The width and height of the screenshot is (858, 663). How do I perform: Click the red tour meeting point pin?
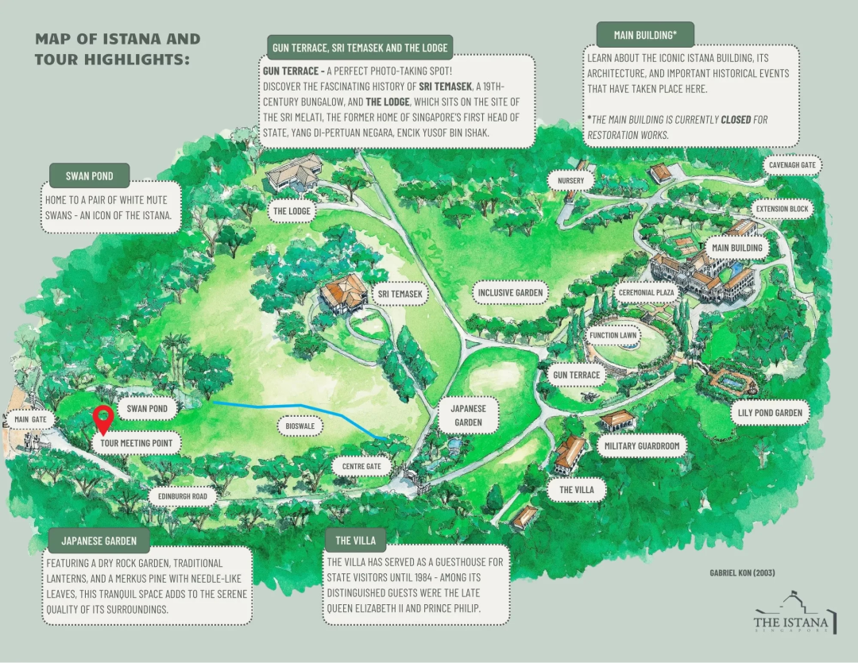click(x=102, y=419)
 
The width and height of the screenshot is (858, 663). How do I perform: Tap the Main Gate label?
click(x=31, y=419)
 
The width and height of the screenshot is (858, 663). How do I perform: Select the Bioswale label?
click(x=300, y=426)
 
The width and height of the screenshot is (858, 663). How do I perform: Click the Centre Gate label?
click(x=361, y=467)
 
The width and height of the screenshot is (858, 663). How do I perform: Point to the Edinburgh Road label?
click(x=183, y=497)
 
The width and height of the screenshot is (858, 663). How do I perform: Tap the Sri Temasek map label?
click(x=400, y=294)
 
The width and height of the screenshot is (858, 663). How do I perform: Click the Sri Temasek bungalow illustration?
click(x=344, y=293)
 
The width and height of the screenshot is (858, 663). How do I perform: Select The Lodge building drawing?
click(x=295, y=172)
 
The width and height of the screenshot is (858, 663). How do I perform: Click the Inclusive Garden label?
click(x=510, y=293)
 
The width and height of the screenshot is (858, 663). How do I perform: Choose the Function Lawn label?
click(x=613, y=335)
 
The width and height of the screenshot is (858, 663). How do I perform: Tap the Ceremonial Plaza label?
click(x=646, y=293)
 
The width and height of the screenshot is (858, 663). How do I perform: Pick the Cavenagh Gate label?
click(x=792, y=165)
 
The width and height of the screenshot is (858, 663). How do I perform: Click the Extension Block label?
click(x=782, y=209)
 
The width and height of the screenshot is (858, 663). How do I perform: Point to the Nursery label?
click(x=570, y=180)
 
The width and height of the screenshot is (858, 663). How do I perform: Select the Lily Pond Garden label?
click(x=770, y=412)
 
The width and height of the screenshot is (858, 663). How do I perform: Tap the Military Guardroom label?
click(x=642, y=445)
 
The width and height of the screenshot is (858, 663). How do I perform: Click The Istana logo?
click(x=794, y=613)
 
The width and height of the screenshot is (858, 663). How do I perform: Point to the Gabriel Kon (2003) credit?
click(x=742, y=572)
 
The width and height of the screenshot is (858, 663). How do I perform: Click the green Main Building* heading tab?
click(x=645, y=35)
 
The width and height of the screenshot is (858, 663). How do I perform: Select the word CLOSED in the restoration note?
click(x=736, y=119)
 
